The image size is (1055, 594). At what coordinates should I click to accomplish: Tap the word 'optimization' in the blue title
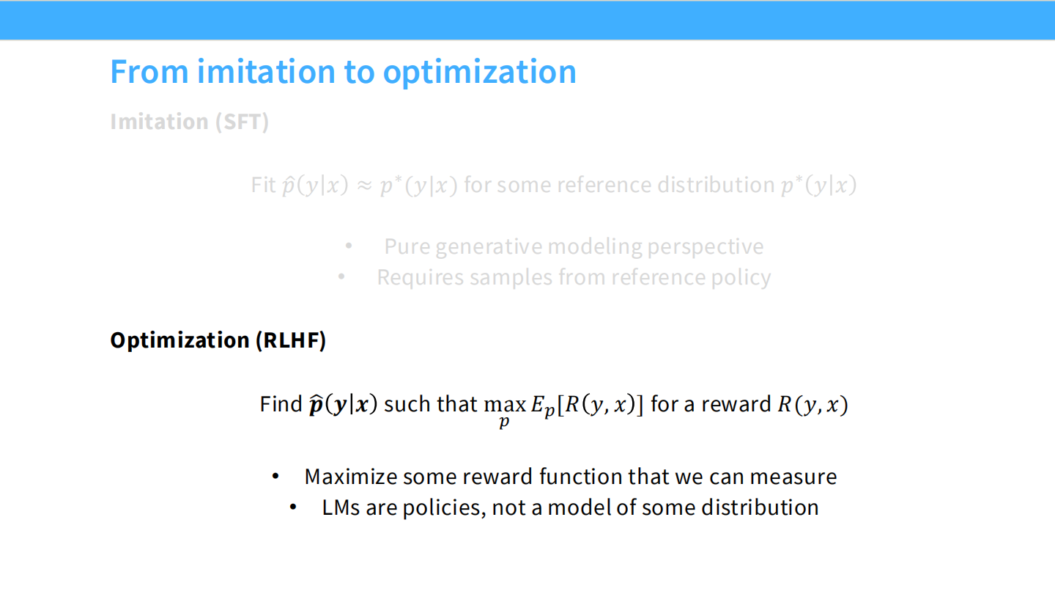479,72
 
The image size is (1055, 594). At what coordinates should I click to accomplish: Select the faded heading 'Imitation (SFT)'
190,122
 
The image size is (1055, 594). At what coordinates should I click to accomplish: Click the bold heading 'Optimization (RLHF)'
218,340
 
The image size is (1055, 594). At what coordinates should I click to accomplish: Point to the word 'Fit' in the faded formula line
263,185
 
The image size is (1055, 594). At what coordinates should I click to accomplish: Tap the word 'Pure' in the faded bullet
407,246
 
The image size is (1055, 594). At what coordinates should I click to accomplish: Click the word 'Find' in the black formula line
281,404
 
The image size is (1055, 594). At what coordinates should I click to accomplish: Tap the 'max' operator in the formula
505,405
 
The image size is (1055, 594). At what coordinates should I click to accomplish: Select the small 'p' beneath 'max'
504,423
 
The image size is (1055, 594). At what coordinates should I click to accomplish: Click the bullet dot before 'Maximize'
276,477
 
